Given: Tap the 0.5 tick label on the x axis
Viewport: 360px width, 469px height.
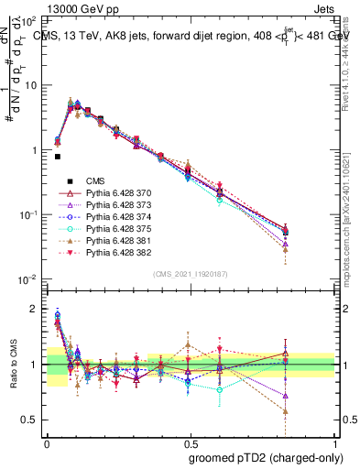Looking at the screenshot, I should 190,440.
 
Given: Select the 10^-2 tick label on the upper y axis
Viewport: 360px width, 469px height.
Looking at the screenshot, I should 27,278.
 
